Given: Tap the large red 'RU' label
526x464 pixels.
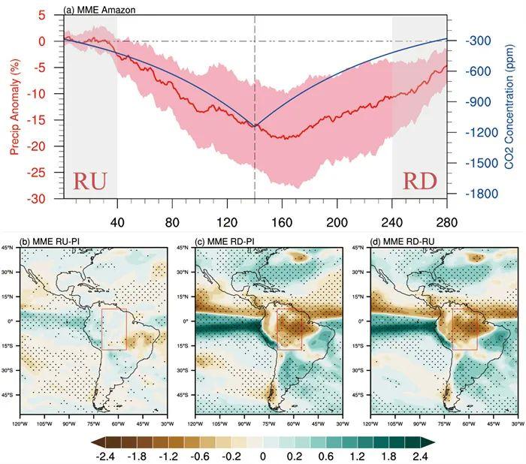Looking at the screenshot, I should click(x=89, y=182).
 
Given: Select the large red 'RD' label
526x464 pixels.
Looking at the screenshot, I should click(x=419, y=182).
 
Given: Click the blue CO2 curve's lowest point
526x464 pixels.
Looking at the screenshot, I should click(x=255, y=125).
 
